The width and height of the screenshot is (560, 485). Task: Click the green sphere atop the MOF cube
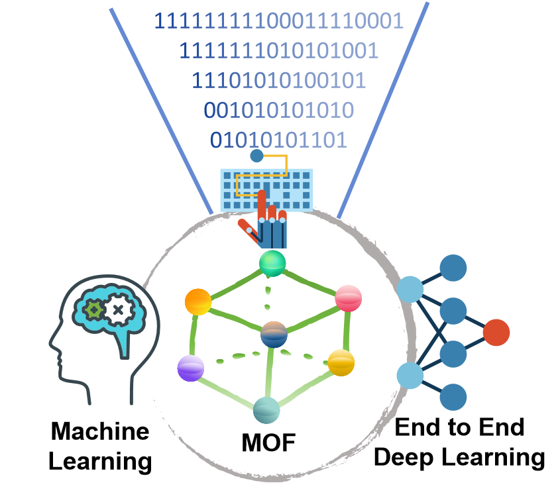(272, 264)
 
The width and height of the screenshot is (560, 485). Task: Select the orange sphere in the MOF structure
(198, 302)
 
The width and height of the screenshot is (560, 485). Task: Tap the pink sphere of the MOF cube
(349, 299)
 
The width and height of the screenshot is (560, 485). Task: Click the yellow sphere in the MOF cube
(341, 362)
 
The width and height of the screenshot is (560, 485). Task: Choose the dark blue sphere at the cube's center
(274, 333)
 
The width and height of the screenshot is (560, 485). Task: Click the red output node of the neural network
(496, 332)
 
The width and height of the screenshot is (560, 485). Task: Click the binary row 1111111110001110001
(279, 21)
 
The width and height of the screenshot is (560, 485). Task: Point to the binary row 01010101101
(278, 140)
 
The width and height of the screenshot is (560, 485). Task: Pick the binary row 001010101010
(278, 110)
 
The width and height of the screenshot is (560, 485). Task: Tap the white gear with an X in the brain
(118, 309)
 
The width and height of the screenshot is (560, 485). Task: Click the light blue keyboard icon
(266, 189)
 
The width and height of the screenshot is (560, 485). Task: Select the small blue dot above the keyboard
(256, 156)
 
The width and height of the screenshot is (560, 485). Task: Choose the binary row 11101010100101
(279, 80)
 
